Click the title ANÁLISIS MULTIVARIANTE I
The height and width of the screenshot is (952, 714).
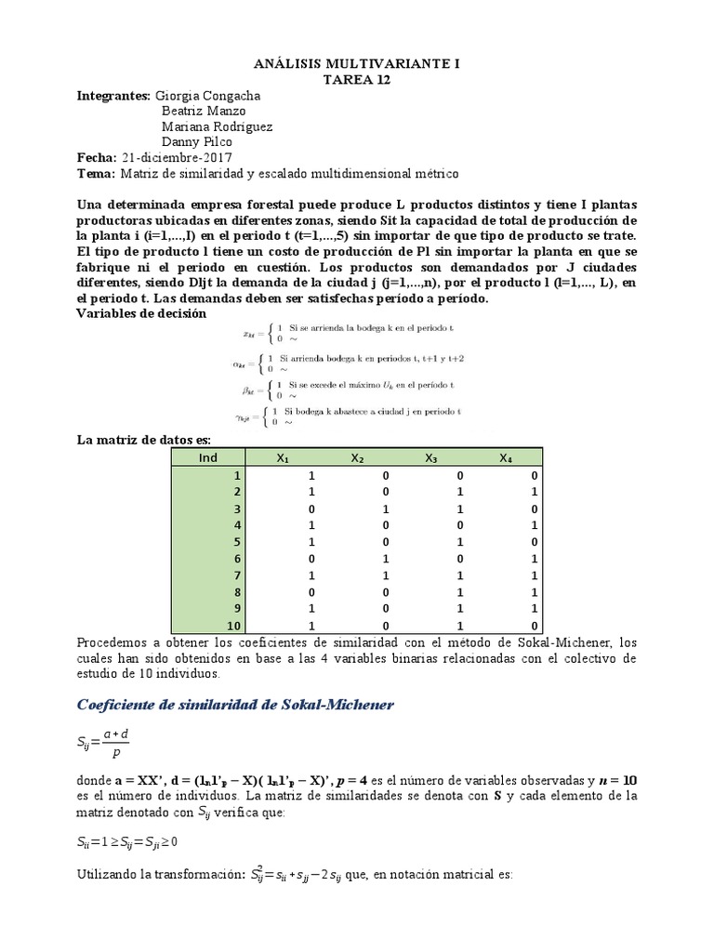point(357,64)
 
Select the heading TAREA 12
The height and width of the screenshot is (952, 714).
point(357,80)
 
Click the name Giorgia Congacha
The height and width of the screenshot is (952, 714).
point(208,96)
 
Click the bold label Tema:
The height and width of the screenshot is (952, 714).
point(96,174)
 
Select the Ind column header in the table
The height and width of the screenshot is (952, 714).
point(207,457)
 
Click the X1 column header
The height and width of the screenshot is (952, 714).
point(283,457)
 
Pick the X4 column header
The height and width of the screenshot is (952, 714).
point(505,457)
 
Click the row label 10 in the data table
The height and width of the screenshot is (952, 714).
point(233,625)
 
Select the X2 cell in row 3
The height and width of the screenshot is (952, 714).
point(358,508)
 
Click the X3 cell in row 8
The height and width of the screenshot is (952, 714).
point(432,591)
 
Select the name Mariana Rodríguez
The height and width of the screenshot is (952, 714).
point(218,126)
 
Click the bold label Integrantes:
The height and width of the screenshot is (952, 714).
point(113,96)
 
